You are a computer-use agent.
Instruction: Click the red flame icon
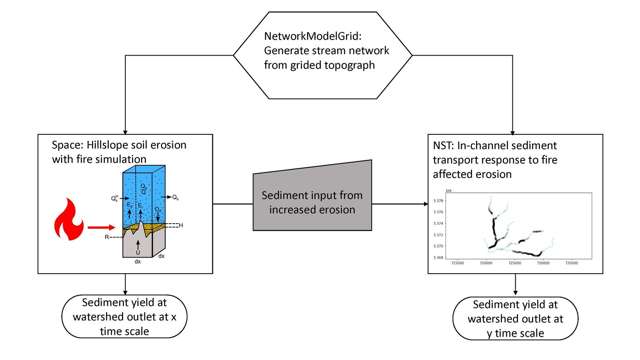coord(69,220)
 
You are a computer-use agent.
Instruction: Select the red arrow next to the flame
coord(101,228)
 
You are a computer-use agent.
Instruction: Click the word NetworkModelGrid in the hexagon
coord(312,36)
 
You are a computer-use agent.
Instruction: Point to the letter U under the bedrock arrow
coord(138,253)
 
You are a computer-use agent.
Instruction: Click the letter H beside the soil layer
coord(181,226)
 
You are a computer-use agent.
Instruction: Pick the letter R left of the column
coord(107,237)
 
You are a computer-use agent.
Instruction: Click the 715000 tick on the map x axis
coord(458,263)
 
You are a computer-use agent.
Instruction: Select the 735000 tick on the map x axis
coord(572,263)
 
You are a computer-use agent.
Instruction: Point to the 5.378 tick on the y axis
coord(438,201)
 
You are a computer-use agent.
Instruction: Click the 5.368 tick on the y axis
coord(438,258)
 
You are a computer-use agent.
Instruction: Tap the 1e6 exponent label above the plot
coord(449,191)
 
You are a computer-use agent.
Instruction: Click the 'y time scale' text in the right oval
coord(516,333)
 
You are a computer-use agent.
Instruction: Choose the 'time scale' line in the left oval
coord(124,331)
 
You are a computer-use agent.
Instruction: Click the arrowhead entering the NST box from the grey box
coord(426,204)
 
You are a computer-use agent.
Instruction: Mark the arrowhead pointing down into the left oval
coord(125,293)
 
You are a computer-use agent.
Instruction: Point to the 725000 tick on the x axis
coord(515,263)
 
